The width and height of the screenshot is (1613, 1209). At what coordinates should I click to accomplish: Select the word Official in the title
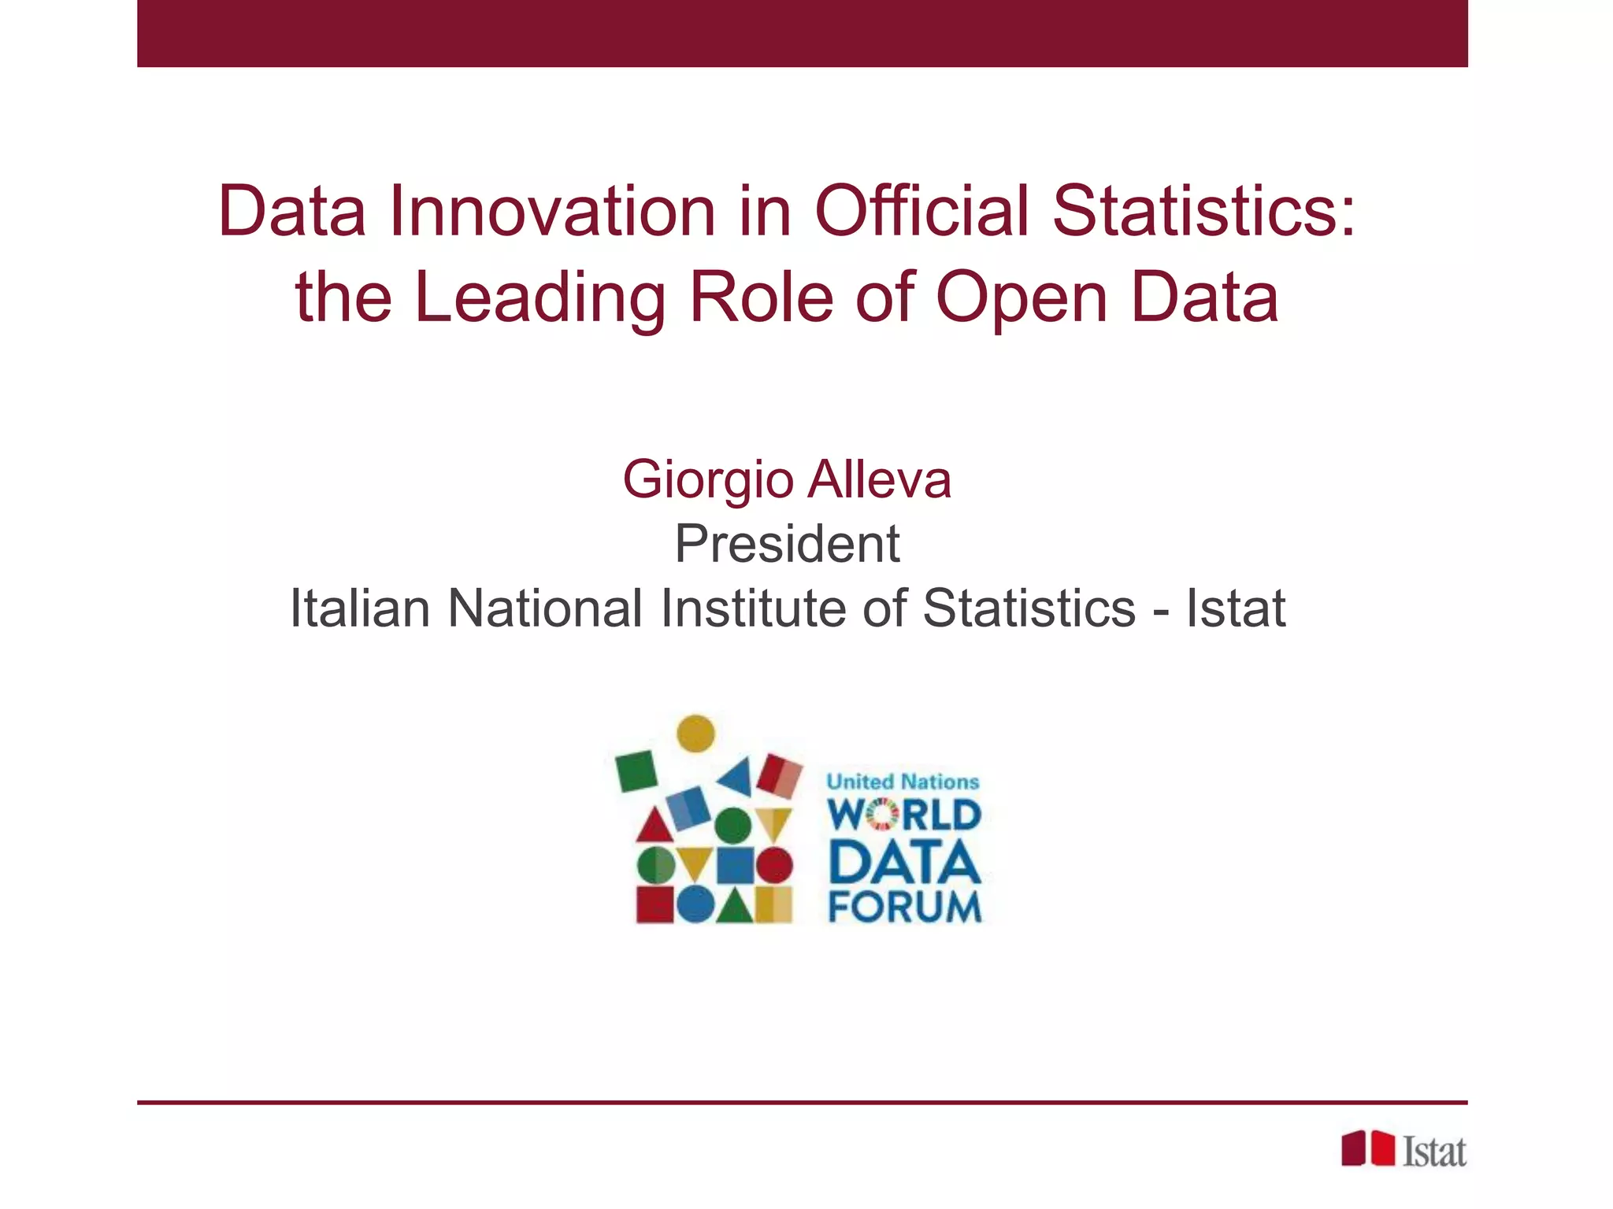pyautogui.click(x=921, y=211)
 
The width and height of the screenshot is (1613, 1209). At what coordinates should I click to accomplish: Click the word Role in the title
pyautogui.click(x=761, y=298)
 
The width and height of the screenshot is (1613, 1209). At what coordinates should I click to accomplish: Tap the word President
pyautogui.click(x=787, y=544)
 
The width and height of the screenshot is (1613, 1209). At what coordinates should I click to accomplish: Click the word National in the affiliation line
pyautogui.click(x=545, y=608)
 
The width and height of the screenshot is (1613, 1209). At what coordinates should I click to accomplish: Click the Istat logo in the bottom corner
pyautogui.click(x=1403, y=1150)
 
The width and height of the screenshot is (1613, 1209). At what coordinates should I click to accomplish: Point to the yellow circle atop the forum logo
pyautogui.click(x=696, y=734)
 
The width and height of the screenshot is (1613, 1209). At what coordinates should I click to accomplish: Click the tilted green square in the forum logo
pyautogui.click(x=636, y=771)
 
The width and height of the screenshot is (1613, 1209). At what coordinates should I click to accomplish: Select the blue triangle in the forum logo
pyautogui.click(x=737, y=776)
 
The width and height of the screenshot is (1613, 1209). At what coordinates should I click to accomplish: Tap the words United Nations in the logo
pyautogui.click(x=903, y=782)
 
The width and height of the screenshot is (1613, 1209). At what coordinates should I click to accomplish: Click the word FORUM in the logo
pyautogui.click(x=905, y=907)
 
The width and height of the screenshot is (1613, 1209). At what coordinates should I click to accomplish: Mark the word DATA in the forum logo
pyautogui.click(x=905, y=862)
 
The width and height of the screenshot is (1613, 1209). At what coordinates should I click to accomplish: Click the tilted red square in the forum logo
pyautogui.click(x=780, y=775)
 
